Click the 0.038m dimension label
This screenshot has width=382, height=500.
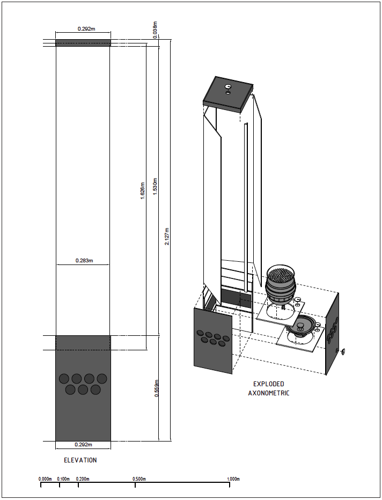tap(156, 28)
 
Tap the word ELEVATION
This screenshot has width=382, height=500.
tap(80, 460)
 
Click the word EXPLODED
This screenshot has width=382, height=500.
tap(269, 384)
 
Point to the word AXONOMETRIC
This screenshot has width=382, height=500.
tap(269, 393)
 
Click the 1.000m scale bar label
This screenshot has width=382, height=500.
tap(233, 479)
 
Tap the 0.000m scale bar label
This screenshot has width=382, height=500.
tap(45, 479)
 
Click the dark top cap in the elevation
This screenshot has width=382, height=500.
tap(83, 43)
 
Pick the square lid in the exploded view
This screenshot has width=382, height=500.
tap(227, 93)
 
